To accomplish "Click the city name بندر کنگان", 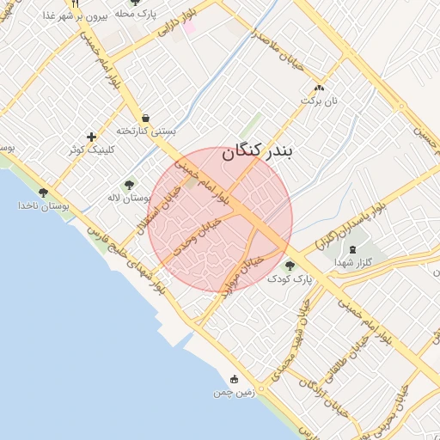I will pos(258,152).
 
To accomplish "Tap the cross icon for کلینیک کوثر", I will pos(92,137).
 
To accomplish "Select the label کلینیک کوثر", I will pos(92,150).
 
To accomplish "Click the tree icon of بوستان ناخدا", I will pos(43,192).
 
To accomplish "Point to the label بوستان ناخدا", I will pos(43,206).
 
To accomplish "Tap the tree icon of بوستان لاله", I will pos(129,184).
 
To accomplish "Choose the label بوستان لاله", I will pos(129,198).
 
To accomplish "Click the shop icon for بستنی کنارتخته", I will pos(145,118).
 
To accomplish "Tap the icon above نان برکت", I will pos(320,88).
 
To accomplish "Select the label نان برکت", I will pos(320,101).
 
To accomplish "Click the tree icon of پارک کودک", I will pos(290,266).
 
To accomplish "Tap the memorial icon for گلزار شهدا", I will pos(353,248).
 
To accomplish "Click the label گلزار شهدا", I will pos(353,262).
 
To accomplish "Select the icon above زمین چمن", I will pos(235,379).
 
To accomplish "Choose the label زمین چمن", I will pos(235,393).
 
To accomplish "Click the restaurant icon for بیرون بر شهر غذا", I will pos(76,3).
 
